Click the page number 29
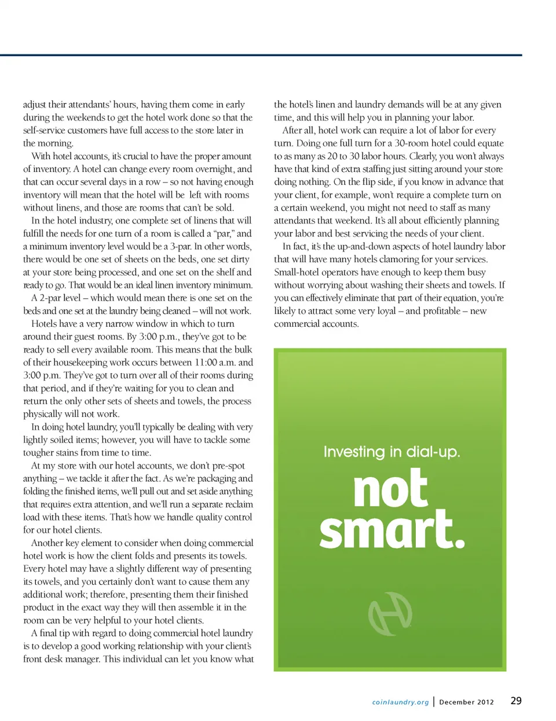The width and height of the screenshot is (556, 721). (515, 701)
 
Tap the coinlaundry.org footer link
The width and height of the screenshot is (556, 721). (400, 702)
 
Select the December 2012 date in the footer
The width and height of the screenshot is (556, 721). (466, 702)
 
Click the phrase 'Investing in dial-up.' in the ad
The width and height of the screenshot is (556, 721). (392, 452)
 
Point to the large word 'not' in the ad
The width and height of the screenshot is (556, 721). (390, 489)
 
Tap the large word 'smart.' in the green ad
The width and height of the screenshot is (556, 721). (392, 530)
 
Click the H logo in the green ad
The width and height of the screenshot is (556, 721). (390, 613)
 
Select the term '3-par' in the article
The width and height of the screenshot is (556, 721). (181, 246)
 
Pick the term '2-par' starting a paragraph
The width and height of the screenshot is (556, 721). (51, 298)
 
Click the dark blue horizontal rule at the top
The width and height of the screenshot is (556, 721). (261, 55)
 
